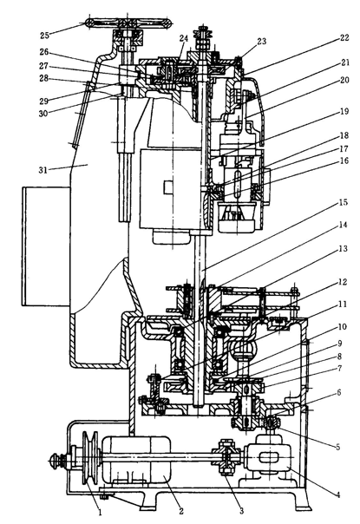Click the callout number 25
[x=45, y=35]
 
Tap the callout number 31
[x=43, y=170]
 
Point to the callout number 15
[x=343, y=202]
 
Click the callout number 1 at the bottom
[x=99, y=511]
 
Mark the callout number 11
[x=343, y=305]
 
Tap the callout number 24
[x=184, y=38]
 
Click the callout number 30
[x=43, y=114]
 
